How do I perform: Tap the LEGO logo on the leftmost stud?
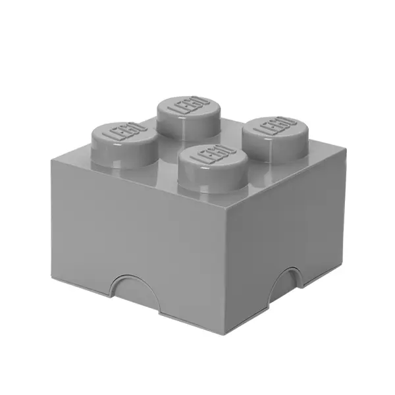(x=125, y=132)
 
